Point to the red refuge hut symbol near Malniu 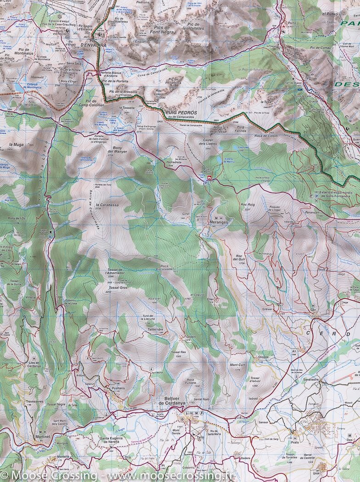210,178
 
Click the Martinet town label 40,437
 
